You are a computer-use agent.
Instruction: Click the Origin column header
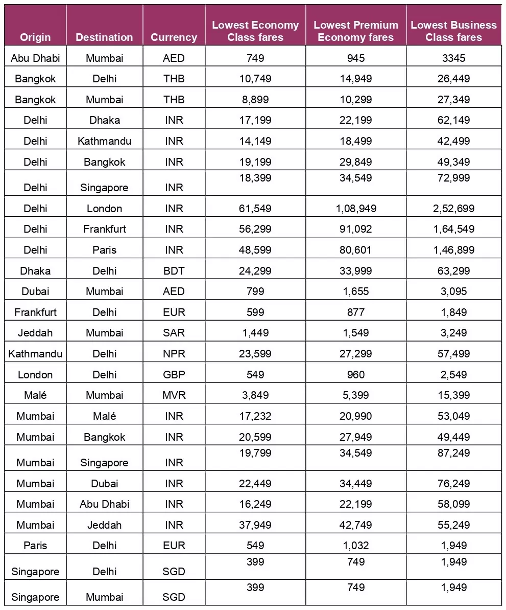[35, 37]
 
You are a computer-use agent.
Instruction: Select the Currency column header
[174, 37]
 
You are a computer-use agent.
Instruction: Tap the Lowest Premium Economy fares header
[356, 31]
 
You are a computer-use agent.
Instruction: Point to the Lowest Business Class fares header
[453, 31]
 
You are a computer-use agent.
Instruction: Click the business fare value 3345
[453, 58]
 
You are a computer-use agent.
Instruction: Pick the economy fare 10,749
[255, 79]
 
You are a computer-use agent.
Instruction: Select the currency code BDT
[174, 271]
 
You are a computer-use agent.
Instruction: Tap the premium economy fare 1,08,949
[356, 209]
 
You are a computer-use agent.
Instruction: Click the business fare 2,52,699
[453, 209]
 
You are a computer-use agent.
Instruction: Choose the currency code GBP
[174, 375]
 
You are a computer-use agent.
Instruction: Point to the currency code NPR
[174, 354]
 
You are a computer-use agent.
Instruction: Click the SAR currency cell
[174, 333]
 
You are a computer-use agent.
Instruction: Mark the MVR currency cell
[174, 395]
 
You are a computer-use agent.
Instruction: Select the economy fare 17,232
[255, 416]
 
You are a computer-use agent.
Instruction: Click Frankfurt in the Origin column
[35, 312]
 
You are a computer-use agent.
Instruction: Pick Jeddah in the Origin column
[35, 333]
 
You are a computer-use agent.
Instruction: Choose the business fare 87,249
[453, 453]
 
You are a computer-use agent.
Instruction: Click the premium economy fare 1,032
[356, 546]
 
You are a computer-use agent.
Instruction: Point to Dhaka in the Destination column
[104, 120]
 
